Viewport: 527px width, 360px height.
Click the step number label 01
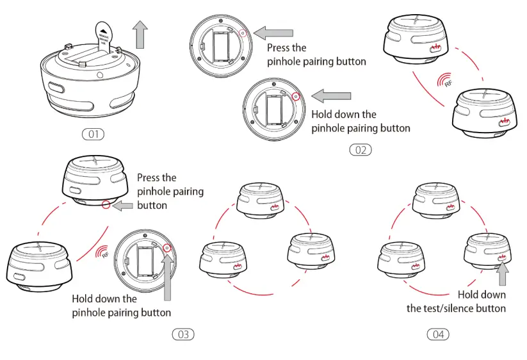(x=93, y=135)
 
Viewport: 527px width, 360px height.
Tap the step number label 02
(x=360, y=150)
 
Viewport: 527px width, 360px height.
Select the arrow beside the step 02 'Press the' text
(x=273, y=32)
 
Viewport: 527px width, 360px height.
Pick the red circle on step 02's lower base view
(x=295, y=97)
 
